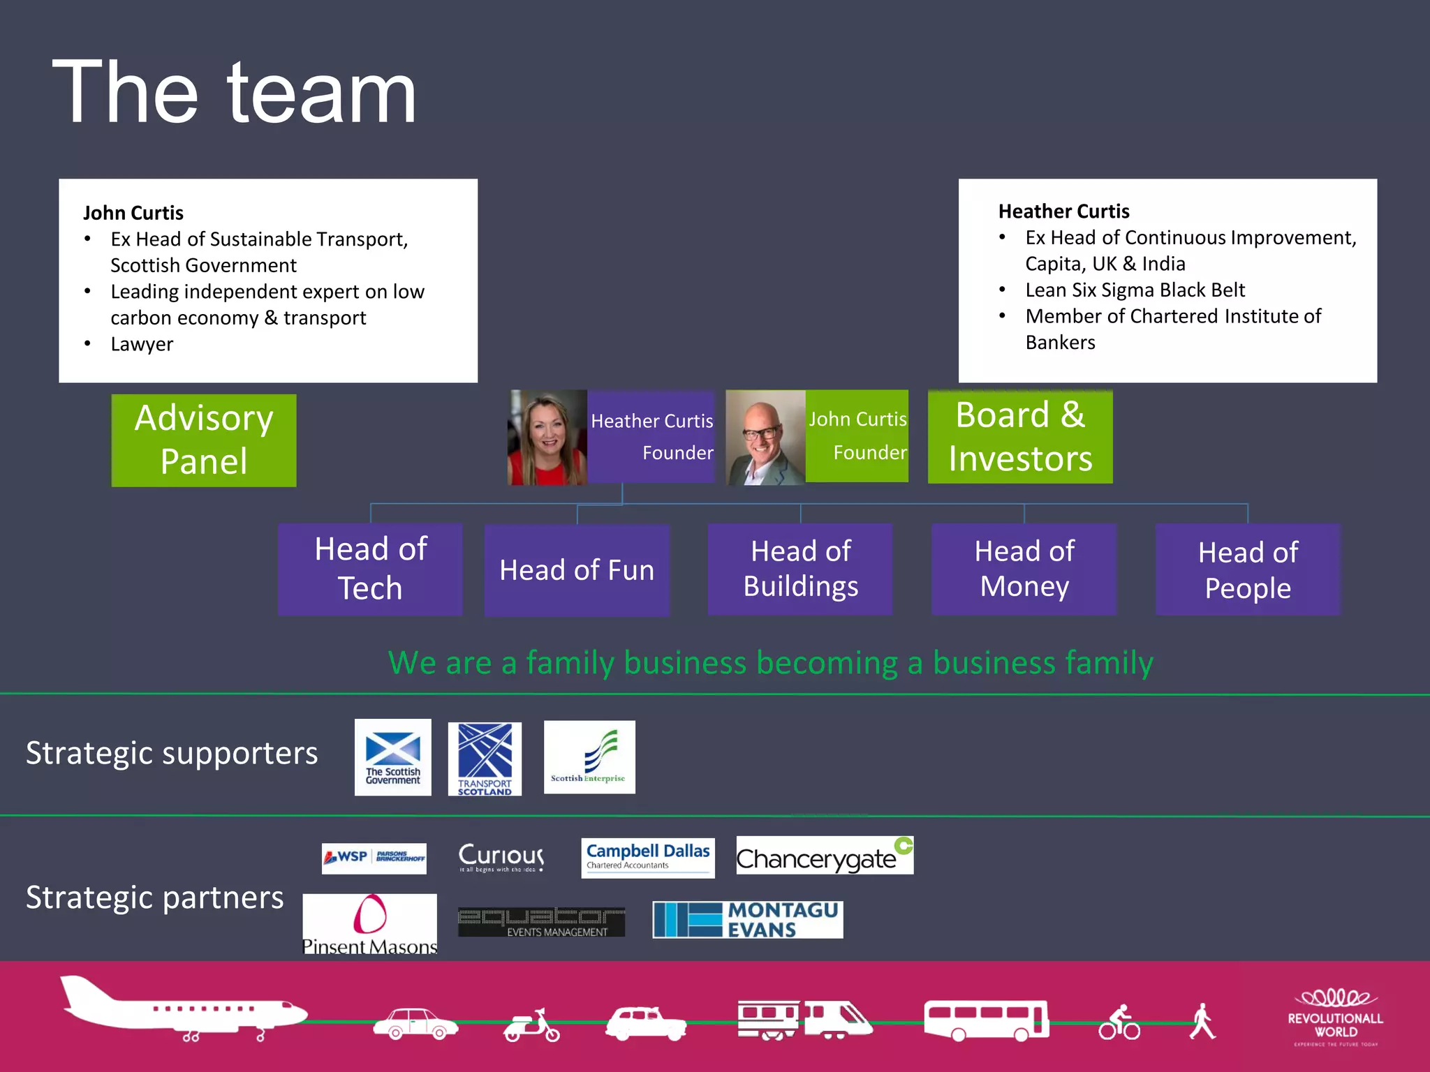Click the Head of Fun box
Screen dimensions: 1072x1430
(577, 570)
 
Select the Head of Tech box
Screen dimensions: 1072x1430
(370, 569)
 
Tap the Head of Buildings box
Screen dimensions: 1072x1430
(800, 569)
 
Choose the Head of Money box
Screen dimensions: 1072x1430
(1024, 569)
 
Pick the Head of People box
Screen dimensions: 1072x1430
(1248, 569)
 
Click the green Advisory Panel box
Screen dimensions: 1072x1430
(204, 440)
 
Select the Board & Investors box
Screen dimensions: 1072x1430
(1019, 437)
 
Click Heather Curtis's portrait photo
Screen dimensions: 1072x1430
(547, 438)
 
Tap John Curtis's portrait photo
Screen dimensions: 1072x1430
(765, 438)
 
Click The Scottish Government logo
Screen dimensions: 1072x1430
(392, 757)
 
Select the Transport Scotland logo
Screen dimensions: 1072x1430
(485, 759)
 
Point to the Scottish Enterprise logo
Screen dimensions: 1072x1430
(589, 757)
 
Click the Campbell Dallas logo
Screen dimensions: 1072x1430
(647, 858)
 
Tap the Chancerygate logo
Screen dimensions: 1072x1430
(825, 856)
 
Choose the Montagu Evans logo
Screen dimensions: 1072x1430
(747, 919)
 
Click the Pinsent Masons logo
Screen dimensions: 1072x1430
(369, 923)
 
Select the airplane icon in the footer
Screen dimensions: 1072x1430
(183, 1009)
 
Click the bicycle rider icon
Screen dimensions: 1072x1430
(1119, 1022)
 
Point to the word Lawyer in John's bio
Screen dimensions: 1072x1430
(142, 344)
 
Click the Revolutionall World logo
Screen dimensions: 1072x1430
(1335, 1017)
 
